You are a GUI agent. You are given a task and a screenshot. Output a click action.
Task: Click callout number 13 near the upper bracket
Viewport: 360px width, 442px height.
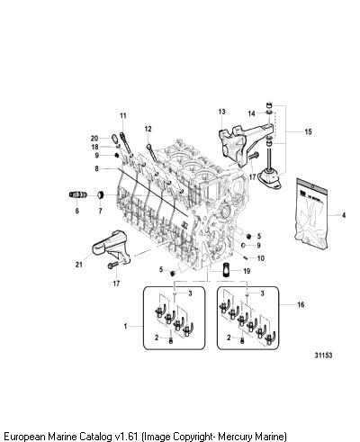click(221, 112)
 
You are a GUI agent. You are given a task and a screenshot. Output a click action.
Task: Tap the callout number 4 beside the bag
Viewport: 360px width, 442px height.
click(344, 215)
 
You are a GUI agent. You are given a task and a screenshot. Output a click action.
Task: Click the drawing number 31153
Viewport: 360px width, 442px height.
click(323, 355)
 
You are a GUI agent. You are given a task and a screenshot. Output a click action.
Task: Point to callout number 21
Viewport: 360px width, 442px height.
click(78, 265)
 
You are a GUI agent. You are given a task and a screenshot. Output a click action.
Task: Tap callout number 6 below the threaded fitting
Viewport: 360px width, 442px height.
click(77, 211)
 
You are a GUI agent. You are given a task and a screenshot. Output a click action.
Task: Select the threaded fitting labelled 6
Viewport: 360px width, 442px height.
click(77, 194)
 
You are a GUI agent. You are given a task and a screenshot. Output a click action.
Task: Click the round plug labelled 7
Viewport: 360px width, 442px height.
click(101, 195)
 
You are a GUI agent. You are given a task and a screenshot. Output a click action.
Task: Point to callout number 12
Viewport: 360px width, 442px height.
click(148, 129)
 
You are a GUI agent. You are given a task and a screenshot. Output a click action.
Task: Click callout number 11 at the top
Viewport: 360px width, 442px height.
click(123, 115)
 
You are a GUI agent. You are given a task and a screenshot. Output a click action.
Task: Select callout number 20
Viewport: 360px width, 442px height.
click(94, 139)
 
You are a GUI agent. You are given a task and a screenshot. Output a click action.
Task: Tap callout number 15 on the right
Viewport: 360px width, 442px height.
click(308, 131)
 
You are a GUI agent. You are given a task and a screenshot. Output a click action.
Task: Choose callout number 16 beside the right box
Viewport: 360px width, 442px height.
click(301, 304)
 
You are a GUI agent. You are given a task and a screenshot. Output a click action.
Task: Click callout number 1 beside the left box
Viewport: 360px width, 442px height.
click(125, 326)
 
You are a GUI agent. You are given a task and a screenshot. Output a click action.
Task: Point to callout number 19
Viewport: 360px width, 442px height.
click(247, 271)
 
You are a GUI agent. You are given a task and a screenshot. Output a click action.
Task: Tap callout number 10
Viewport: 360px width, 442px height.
click(261, 258)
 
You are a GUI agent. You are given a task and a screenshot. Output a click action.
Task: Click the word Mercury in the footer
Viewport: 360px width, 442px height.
click(235, 436)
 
